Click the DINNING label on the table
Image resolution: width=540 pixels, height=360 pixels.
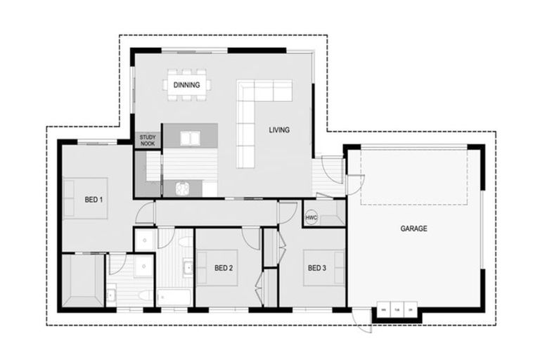pyautogui.click(x=187, y=85)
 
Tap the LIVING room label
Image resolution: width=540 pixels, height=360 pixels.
pyautogui.click(x=279, y=130)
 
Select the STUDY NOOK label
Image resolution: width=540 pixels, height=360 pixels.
pyautogui.click(x=147, y=141)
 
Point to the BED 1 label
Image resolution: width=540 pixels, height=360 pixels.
pyautogui.click(x=94, y=200)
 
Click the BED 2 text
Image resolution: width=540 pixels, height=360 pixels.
pyautogui.click(x=224, y=268)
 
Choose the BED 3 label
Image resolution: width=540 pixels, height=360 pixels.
pyautogui.click(x=316, y=268)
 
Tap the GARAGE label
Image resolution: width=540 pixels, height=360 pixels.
pyautogui.click(x=413, y=229)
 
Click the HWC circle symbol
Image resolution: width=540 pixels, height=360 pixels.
pyautogui.click(x=311, y=218)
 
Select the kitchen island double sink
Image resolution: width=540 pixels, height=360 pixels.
pyautogui.click(x=191, y=138)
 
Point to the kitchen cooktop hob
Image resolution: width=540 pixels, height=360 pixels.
pyautogui.click(x=183, y=188)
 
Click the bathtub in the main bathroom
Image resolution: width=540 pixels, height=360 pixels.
pyautogui.click(x=174, y=297)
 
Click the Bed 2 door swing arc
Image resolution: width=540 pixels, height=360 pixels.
pyautogui.click(x=251, y=238)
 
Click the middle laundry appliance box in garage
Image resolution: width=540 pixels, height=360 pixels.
pyautogui.click(x=398, y=309)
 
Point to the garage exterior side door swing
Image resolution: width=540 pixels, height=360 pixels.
pyautogui.click(x=363, y=321)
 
